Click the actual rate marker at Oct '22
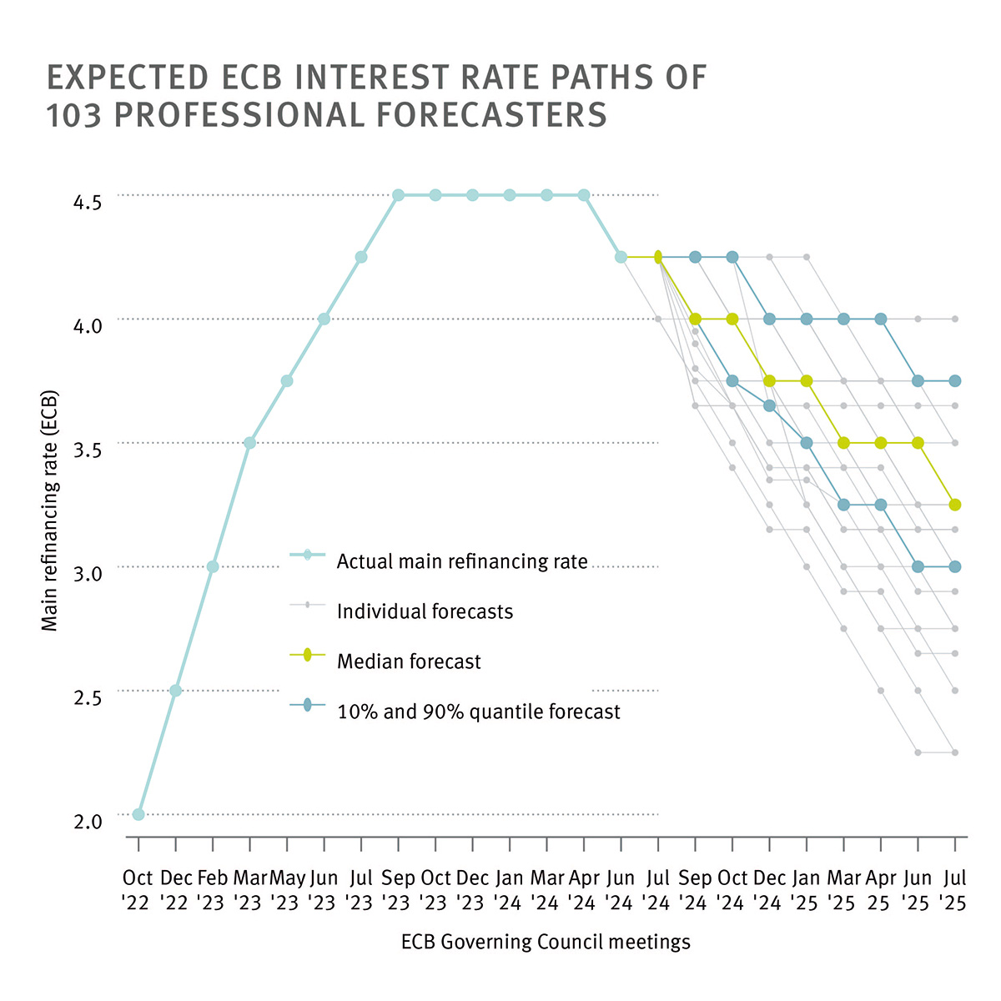(x=138, y=814)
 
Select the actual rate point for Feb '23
(x=213, y=566)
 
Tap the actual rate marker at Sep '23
(x=398, y=195)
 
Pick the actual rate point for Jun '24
(x=621, y=257)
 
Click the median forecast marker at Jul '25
(x=955, y=505)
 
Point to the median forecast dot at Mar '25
(x=843, y=443)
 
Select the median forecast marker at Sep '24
(x=695, y=319)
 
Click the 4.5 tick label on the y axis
(x=87, y=203)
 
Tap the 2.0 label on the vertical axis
(x=87, y=822)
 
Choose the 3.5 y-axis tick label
(x=87, y=450)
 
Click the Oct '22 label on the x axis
(x=138, y=890)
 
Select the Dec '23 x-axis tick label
(x=472, y=890)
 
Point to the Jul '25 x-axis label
(x=954, y=890)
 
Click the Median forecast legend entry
(x=409, y=661)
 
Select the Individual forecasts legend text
(x=425, y=611)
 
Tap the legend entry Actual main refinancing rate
(x=462, y=561)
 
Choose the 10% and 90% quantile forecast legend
(x=478, y=712)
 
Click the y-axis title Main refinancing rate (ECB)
(x=50, y=511)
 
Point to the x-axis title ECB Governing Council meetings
(x=546, y=942)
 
